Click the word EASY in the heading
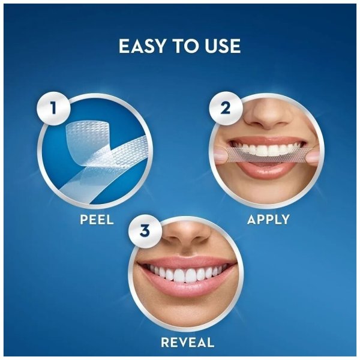pos(142,46)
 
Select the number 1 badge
pos(53,108)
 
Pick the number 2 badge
pos(226,108)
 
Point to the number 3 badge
pos(145,231)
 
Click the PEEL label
pos(97,220)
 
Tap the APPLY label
pos(268,220)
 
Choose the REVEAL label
pos(188,343)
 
